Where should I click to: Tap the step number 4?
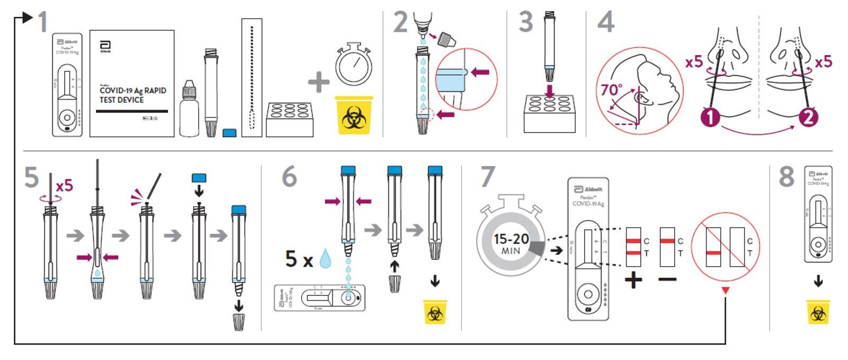605,22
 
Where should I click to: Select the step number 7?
487,177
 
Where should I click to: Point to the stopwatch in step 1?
353,64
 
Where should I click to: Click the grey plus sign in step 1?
319,82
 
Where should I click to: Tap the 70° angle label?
611,90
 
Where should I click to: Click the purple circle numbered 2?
808,117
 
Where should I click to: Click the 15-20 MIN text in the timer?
511,243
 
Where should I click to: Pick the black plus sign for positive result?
633,279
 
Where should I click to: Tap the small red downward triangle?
726,291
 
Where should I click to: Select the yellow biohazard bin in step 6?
435,312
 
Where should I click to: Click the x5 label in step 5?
64,186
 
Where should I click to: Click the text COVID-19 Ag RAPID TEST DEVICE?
132,95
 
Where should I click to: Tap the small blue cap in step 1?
229,133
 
